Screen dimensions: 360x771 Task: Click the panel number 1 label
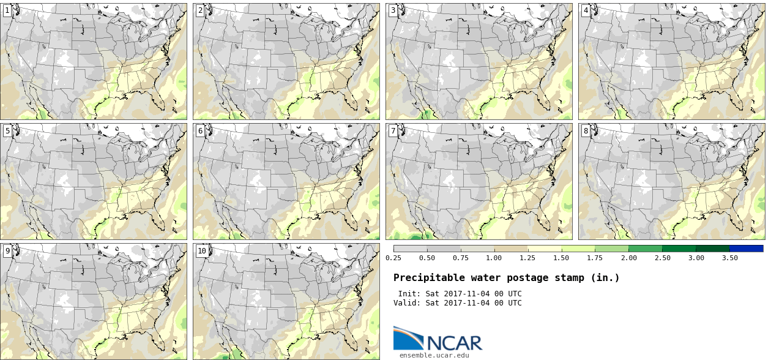point(7,10)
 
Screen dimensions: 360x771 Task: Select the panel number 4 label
point(586,10)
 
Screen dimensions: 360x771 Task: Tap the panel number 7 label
point(393,130)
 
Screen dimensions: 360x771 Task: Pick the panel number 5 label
point(7,130)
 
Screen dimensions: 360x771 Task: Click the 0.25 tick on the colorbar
point(393,258)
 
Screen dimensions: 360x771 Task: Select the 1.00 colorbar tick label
point(494,258)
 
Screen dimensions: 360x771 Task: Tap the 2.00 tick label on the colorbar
point(628,258)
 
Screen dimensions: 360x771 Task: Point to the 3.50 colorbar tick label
point(729,258)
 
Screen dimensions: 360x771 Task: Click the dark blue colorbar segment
point(746,249)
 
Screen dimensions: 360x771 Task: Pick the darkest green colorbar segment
point(712,249)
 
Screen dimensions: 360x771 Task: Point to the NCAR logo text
point(455,342)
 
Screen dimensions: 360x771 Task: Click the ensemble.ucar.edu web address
point(434,354)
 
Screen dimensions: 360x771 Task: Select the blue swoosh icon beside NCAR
point(408,337)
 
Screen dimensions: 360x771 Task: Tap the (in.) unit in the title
point(605,278)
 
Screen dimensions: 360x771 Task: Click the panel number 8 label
point(586,130)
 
